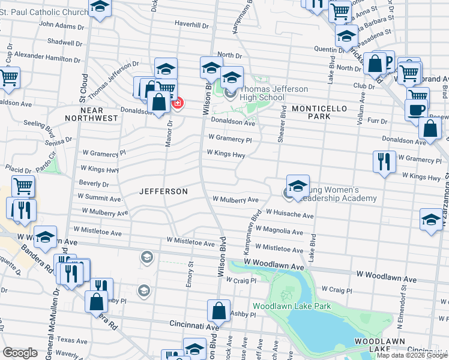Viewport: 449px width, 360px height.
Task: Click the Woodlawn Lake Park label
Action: pyautogui.click(x=291, y=306)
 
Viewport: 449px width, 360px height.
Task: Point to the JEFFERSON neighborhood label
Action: pyautogui.click(x=163, y=191)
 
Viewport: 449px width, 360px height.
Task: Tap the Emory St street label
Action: pyautogui.click(x=189, y=274)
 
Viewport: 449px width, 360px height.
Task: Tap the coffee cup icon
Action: pyautogui.click(x=416, y=110)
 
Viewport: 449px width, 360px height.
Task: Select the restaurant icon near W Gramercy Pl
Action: pyautogui.click(x=384, y=161)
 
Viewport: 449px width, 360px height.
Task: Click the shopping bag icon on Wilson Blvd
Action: pyautogui.click(x=218, y=311)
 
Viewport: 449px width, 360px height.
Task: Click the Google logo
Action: pyautogui.click(x=19, y=353)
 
